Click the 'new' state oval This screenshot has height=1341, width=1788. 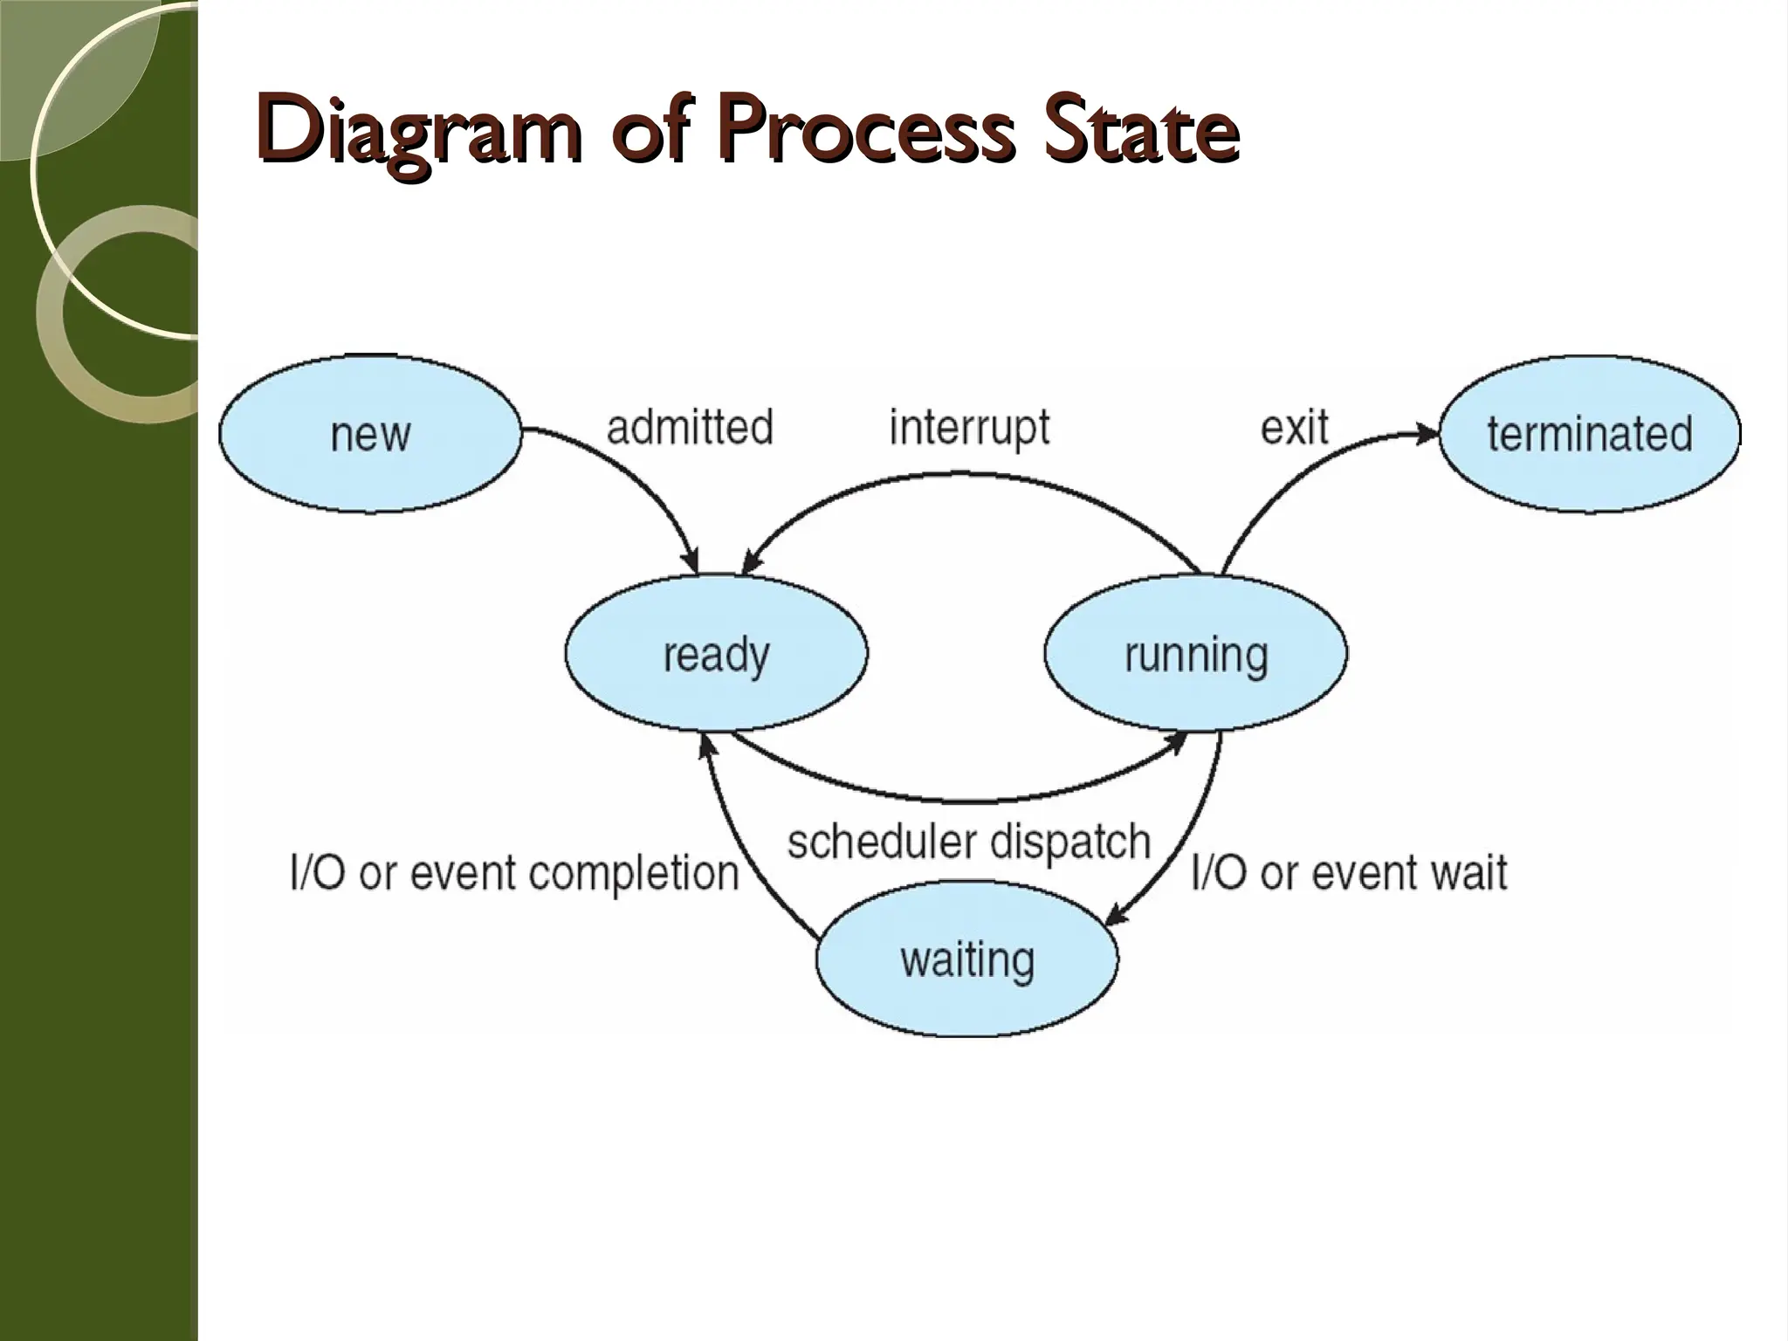tap(369, 434)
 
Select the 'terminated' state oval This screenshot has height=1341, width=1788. tap(1589, 434)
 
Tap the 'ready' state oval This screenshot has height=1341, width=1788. tap(716, 654)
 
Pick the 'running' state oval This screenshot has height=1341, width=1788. tap(1195, 654)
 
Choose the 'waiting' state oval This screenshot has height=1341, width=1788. tap(967, 959)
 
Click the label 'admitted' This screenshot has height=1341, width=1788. tap(690, 428)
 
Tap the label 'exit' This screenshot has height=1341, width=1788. tap(1294, 428)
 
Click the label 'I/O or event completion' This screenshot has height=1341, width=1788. tap(515, 873)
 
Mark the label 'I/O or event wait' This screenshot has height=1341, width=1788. tap(1350, 873)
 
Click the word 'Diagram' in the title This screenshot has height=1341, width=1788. tap(419, 133)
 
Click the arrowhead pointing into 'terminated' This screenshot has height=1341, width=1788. tap(1428, 433)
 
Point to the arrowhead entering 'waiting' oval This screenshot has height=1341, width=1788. tap(1116, 917)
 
